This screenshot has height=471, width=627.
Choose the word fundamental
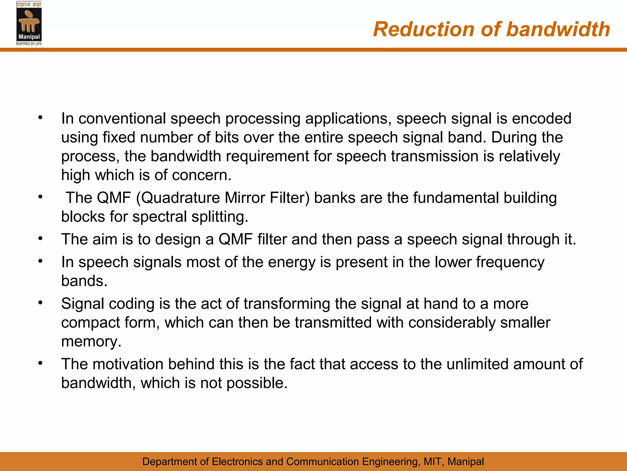point(456,198)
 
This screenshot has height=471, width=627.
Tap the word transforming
point(287,304)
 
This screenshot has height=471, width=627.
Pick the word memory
point(91,342)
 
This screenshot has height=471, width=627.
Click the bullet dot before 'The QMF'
point(40,197)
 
